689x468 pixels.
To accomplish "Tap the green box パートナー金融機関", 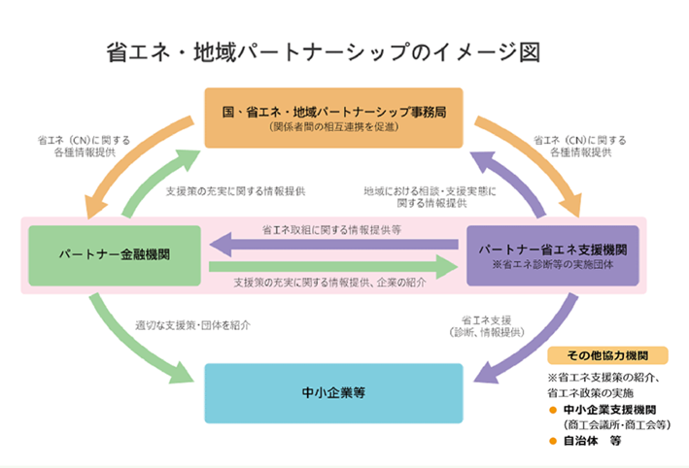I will tap(115, 255).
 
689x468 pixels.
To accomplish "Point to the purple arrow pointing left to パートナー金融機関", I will tap(330, 243).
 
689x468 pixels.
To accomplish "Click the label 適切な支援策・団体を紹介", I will tap(194, 326).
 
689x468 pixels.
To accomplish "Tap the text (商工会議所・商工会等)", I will tap(618, 424).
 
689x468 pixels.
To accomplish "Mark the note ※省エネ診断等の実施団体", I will tap(552, 264).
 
